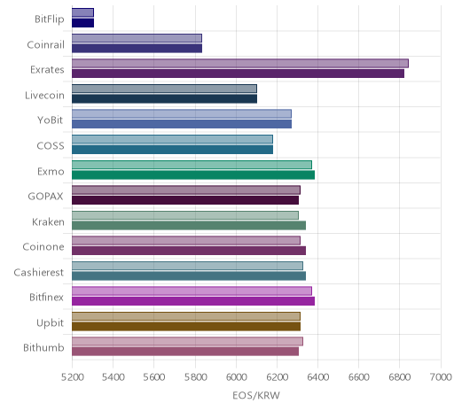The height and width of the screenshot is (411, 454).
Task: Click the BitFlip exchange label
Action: click(x=50, y=19)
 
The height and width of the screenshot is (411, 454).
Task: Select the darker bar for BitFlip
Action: click(x=82, y=23)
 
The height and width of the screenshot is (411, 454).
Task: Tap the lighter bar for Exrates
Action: click(x=240, y=63)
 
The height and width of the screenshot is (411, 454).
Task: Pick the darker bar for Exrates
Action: click(x=238, y=74)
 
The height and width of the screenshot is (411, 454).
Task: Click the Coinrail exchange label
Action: click(x=45, y=45)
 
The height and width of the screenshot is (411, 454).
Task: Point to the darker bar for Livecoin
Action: click(x=164, y=98)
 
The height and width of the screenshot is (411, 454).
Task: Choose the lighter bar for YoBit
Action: click(x=182, y=114)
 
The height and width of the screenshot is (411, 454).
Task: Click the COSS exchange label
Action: click(x=51, y=146)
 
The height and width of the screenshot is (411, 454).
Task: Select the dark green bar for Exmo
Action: click(x=193, y=174)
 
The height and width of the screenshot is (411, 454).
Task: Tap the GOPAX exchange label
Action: click(x=45, y=197)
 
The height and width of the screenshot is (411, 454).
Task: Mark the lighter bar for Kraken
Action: click(x=185, y=215)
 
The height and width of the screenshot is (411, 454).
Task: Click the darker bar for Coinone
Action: click(x=189, y=251)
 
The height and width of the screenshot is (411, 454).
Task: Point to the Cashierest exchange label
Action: click(x=39, y=272)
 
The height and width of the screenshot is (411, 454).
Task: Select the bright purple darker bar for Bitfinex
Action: click(x=193, y=301)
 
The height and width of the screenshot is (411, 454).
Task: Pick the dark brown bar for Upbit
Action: click(x=186, y=327)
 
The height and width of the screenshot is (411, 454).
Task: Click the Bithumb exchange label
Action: click(x=43, y=348)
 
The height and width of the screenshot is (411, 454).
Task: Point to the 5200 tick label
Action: click(x=72, y=377)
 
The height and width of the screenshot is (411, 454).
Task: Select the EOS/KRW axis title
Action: click(x=256, y=396)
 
